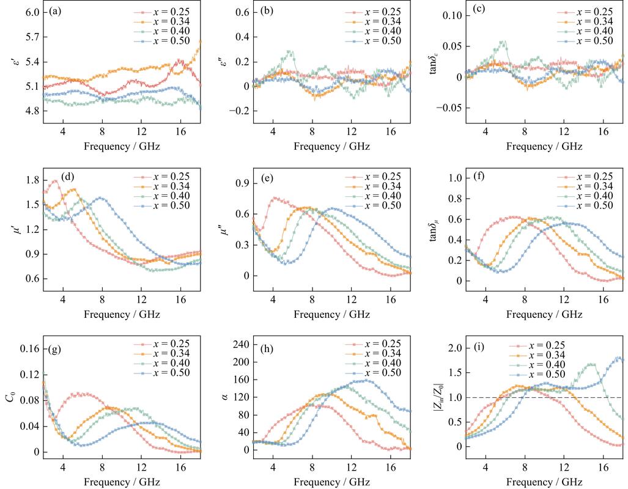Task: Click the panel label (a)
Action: pos(55,11)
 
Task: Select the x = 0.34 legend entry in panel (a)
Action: pos(162,21)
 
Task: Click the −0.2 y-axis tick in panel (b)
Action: pos(240,111)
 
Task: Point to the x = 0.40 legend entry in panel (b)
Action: pos(373,31)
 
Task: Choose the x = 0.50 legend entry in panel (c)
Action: pos(585,40)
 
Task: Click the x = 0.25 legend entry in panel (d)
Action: pos(162,177)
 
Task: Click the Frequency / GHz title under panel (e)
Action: pos(331,314)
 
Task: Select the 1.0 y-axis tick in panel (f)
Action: pos(454,178)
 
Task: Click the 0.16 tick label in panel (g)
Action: pos(30,349)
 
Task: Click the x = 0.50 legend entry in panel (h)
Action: pos(373,372)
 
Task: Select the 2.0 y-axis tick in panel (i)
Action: pos(454,348)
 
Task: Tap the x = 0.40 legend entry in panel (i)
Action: pos(537,364)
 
